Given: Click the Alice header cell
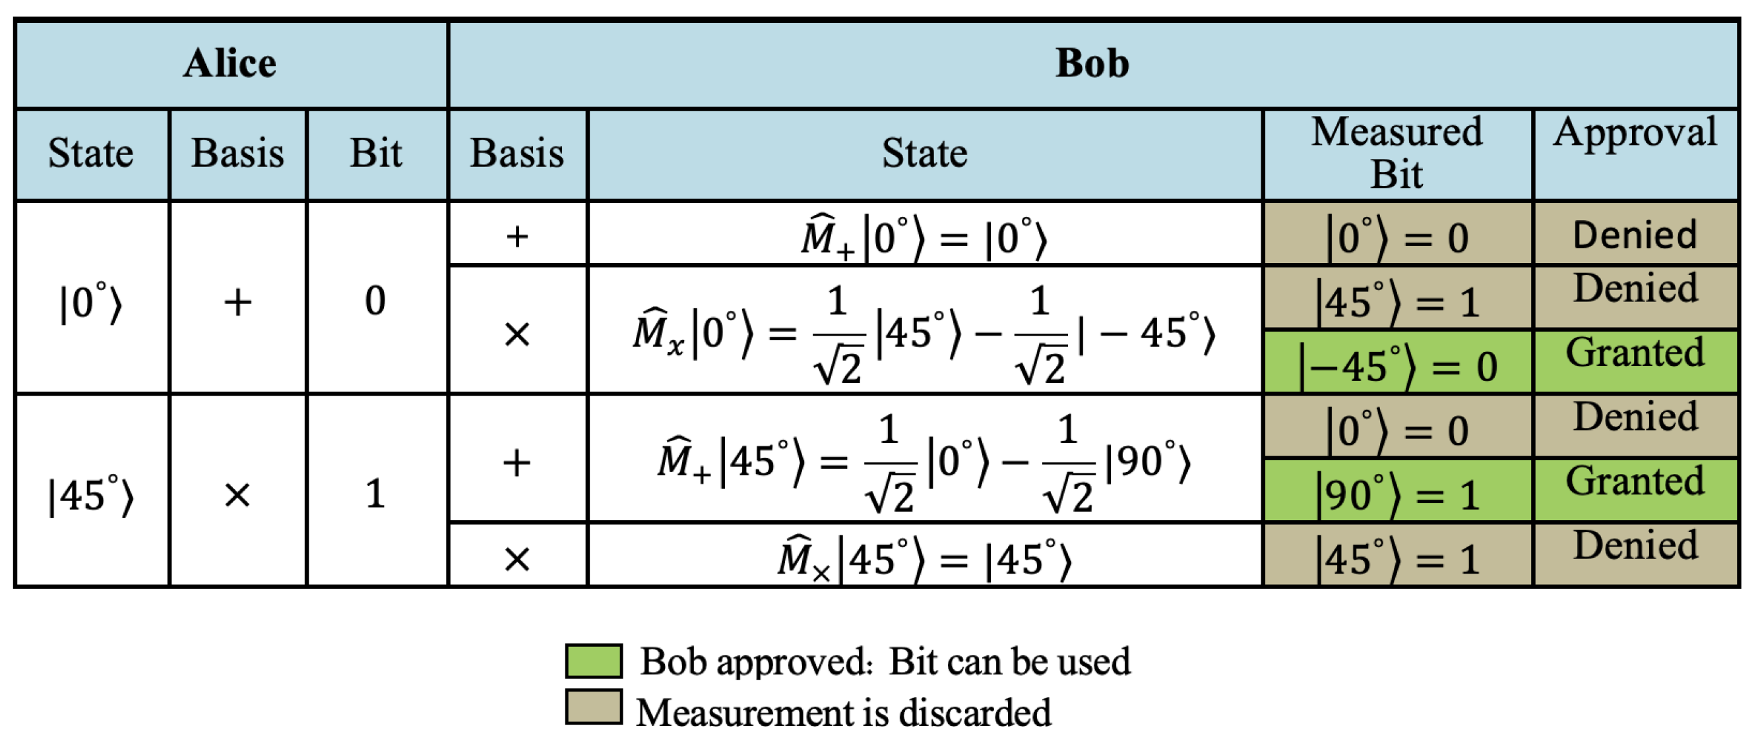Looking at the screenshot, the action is click(x=230, y=64).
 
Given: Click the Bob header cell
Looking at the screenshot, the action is click(x=1092, y=64).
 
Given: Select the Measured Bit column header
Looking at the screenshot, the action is click(x=1397, y=153).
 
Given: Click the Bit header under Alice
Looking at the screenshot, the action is click(x=376, y=153).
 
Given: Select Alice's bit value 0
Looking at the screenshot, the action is click(x=375, y=300).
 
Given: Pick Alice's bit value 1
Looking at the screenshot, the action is click(x=375, y=492).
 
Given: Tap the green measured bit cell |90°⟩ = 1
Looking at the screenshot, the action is click(x=1397, y=492).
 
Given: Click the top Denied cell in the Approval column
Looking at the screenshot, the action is click(x=1635, y=235).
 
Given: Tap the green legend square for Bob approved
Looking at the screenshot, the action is click(x=594, y=661).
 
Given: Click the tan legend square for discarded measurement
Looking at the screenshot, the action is click(x=594, y=707).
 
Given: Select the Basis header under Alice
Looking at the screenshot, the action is click(x=237, y=153).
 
